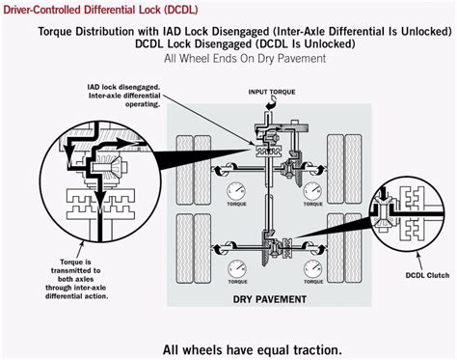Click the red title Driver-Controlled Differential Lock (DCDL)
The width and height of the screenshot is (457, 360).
coord(87,8)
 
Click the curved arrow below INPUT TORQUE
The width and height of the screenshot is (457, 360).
coord(259,105)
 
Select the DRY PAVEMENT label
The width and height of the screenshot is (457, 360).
coord(270,299)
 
